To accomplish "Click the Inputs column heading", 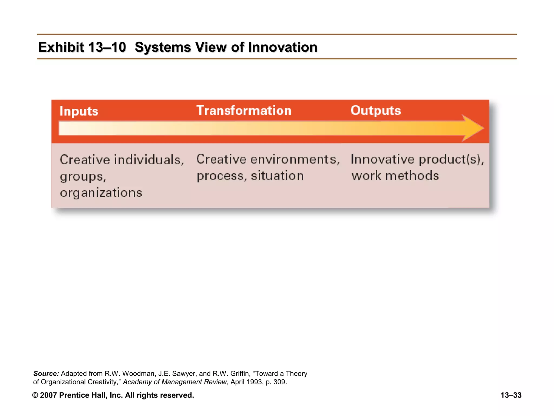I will coord(79,111).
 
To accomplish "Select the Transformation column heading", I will coord(244,110).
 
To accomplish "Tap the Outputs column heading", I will coord(375,110).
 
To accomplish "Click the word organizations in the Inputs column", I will coord(101,193).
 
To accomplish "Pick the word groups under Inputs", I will coord(82,177).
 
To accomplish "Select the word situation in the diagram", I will coord(277,176).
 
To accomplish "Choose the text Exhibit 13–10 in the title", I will coord(82,47).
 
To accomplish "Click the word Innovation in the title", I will coord(282,47).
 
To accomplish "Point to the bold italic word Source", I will coord(46,373).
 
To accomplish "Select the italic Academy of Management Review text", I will coord(174,382).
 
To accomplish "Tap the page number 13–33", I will coord(511,395).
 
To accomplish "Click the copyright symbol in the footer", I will coord(35,395).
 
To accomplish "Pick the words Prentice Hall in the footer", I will coord(83,395).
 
